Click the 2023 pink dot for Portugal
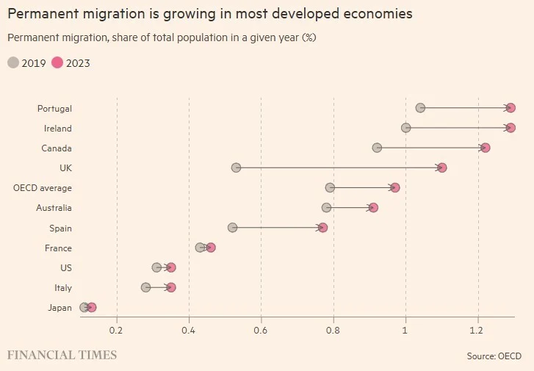click(x=510, y=108)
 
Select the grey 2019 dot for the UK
click(x=236, y=168)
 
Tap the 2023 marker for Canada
click(x=485, y=148)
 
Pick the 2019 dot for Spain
click(x=233, y=228)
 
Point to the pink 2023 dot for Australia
click(x=373, y=207)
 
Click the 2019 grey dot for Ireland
click(x=406, y=128)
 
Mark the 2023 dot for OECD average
click(x=395, y=187)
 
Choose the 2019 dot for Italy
click(x=145, y=287)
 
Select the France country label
click(x=58, y=248)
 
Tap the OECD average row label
click(x=43, y=188)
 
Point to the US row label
click(x=65, y=267)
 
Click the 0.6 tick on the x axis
click(x=261, y=331)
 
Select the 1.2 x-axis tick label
click(x=478, y=331)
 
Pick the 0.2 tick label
click(x=117, y=331)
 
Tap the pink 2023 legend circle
click(x=57, y=63)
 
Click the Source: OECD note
click(x=494, y=356)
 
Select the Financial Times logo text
click(x=62, y=355)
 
